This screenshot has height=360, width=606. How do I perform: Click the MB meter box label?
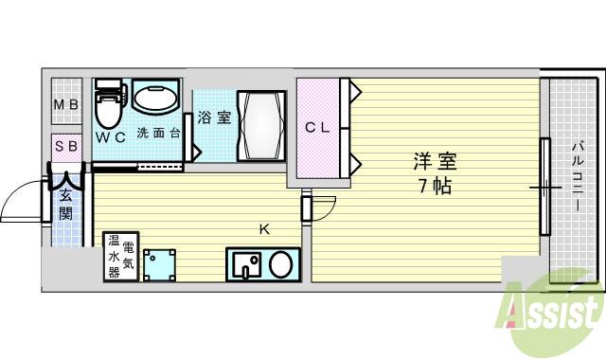click(x=66, y=105)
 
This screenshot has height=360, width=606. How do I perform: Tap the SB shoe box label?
click(x=66, y=146)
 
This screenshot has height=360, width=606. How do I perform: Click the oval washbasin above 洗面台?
click(x=155, y=97)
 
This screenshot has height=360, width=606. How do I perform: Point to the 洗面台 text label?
click(x=158, y=133)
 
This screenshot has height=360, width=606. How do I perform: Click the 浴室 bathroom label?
click(x=215, y=118)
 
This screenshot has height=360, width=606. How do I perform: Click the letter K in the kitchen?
click(x=265, y=228)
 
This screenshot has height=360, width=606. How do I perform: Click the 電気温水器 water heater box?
click(x=121, y=256)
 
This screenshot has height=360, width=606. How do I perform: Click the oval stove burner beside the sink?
click(x=280, y=263)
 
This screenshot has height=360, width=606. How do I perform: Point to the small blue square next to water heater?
click(x=160, y=264)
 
